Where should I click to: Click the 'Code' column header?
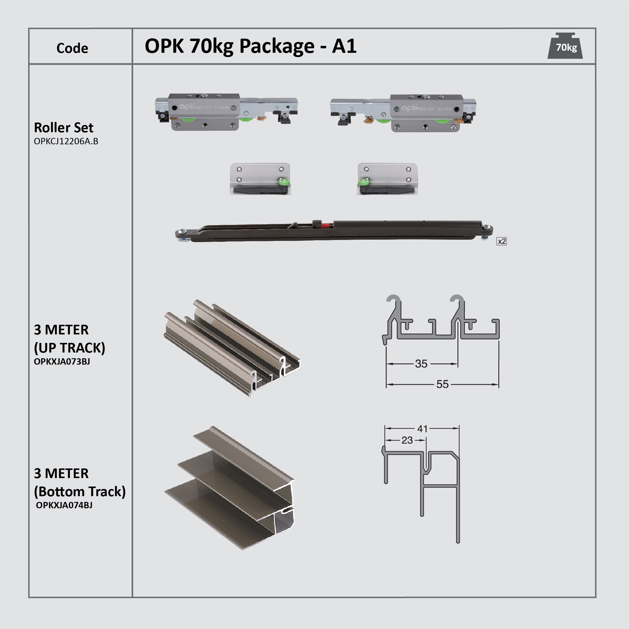click(x=72, y=48)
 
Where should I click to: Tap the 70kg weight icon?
click(x=565, y=47)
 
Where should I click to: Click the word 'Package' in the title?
click(x=277, y=46)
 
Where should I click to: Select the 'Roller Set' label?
click(x=63, y=128)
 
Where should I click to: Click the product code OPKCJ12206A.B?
click(x=66, y=141)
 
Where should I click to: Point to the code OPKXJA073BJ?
click(x=62, y=361)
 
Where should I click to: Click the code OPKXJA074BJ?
click(x=64, y=505)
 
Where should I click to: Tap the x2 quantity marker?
click(x=501, y=241)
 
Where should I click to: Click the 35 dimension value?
click(x=421, y=364)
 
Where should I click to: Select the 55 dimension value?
click(x=442, y=384)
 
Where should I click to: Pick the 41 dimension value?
click(x=422, y=429)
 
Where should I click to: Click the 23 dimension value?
click(x=407, y=440)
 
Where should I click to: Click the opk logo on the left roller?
click(x=187, y=107)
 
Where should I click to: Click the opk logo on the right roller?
click(x=409, y=108)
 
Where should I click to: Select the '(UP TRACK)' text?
click(x=70, y=348)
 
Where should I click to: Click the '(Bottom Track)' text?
click(x=80, y=491)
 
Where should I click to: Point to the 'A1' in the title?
click(x=344, y=46)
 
